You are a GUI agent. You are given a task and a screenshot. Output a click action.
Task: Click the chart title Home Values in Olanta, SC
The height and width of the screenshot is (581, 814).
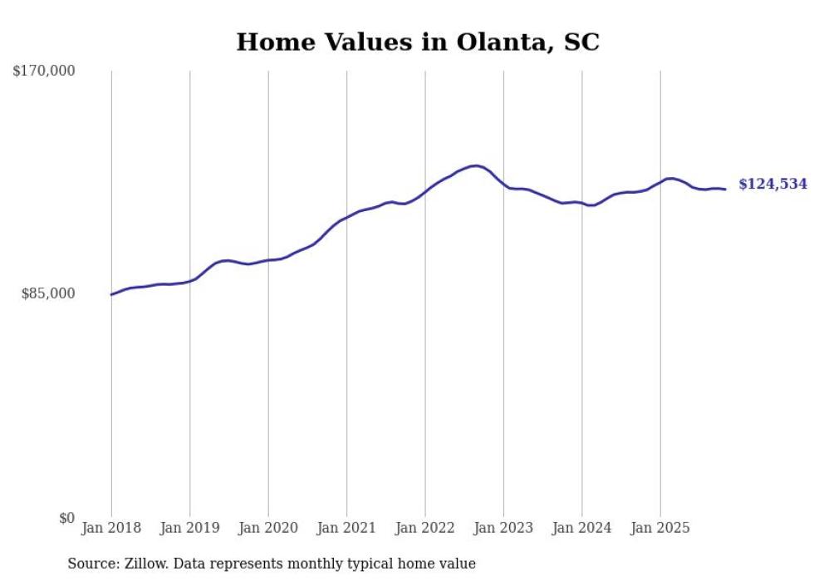[x=417, y=42]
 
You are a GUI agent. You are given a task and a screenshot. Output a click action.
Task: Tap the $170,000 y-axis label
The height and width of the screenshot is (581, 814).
[x=44, y=71]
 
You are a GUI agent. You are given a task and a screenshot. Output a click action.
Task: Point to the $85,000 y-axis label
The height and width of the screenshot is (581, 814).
[x=48, y=293]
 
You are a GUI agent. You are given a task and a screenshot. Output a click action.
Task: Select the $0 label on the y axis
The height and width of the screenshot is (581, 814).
[x=66, y=519]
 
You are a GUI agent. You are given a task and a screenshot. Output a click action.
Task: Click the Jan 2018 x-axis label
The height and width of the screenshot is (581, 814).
[x=111, y=528]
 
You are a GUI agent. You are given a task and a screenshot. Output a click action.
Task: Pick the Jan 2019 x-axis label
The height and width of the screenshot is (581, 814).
[x=189, y=528]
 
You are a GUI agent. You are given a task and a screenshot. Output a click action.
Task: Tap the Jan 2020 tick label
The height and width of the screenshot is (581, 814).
[x=268, y=528]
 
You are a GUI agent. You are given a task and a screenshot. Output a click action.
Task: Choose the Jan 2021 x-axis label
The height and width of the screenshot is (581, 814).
[x=346, y=528]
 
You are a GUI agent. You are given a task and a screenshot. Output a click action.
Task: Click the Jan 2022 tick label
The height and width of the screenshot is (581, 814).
[x=425, y=528]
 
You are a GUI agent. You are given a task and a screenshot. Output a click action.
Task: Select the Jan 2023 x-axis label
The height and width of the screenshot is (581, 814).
[x=503, y=528]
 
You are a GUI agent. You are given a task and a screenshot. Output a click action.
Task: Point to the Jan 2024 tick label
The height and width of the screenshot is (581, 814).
[x=582, y=528]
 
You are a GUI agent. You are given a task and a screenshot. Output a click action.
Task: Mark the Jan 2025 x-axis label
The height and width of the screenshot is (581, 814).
[x=660, y=528]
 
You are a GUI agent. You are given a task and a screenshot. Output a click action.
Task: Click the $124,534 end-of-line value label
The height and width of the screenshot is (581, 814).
[x=772, y=185]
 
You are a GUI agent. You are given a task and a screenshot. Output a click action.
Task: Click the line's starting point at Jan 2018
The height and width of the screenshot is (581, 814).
[x=111, y=294]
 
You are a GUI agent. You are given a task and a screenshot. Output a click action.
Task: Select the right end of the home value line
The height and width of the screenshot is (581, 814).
[x=726, y=190]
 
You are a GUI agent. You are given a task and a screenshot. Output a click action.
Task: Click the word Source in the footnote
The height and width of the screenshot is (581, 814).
[x=91, y=564]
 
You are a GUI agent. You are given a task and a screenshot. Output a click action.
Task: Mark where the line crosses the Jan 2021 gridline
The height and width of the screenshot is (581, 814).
[x=346, y=217]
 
